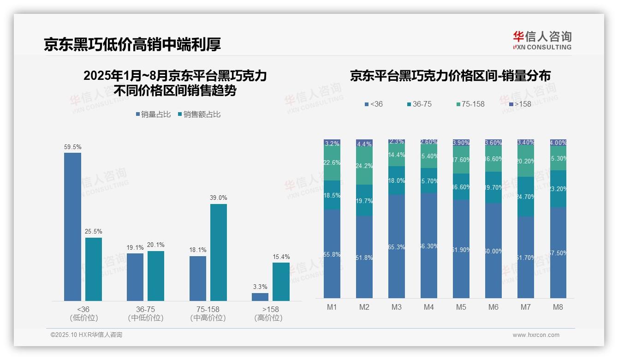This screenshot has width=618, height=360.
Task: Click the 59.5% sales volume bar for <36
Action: (x=72, y=227)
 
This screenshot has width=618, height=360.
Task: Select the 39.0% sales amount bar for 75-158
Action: (x=219, y=252)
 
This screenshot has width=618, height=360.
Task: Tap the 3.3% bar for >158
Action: (x=260, y=297)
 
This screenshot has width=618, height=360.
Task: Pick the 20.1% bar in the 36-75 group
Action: (x=156, y=276)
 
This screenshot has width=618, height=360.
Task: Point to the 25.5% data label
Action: (x=93, y=232)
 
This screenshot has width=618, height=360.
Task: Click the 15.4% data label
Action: (x=281, y=257)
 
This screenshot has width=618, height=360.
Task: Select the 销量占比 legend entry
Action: (x=153, y=114)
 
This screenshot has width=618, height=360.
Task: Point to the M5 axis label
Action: (x=461, y=307)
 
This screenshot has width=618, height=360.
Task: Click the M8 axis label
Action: (x=558, y=307)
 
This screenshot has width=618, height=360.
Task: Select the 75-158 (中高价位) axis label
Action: (x=208, y=313)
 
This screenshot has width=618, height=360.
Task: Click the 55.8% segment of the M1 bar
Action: (x=332, y=254)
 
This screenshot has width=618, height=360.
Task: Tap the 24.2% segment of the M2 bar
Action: (x=364, y=166)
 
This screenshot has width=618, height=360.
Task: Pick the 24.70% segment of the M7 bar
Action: (x=526, y=197)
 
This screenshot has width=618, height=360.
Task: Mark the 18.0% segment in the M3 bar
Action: (x=397, y=180)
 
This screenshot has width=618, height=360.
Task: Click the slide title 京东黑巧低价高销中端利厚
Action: (x=132, y=44)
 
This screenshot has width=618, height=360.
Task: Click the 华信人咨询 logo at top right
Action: (x=542, y=40)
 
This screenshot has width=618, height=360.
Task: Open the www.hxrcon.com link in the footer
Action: (x=535, y=335)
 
